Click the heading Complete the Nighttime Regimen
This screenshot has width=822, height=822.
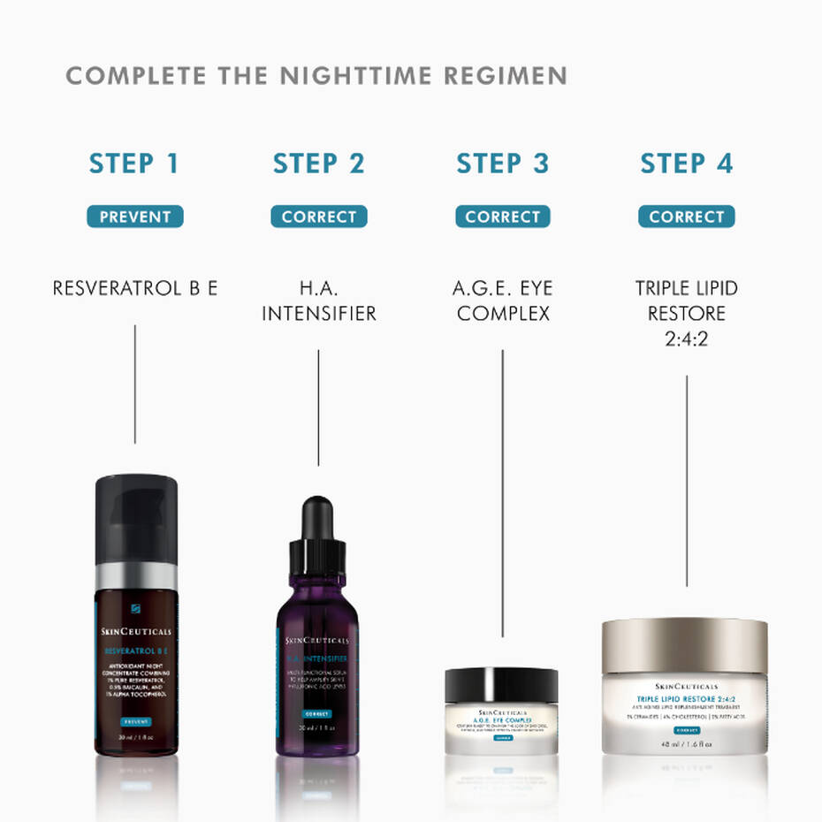click(316, 76)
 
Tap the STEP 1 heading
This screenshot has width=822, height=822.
click(134, 164)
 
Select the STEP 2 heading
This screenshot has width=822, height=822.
click(318, 164)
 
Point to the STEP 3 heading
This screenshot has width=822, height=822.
click(502, 164)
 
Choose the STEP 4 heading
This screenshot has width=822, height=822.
click(686, 164)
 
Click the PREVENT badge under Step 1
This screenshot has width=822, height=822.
click(134, 217)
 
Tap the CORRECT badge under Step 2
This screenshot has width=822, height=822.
click(318, 217)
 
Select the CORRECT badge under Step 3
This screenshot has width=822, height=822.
click(502, 217)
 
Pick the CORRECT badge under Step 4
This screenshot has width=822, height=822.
click(686, 217)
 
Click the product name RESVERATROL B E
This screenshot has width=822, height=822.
click(134, 288)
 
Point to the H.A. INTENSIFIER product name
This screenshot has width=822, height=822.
click(318, 301)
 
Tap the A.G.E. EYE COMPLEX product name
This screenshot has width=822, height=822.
click(502, 301)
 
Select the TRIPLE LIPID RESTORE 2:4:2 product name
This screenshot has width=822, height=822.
click(686, 313)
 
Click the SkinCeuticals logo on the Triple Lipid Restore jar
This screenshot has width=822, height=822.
click(687, 686)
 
